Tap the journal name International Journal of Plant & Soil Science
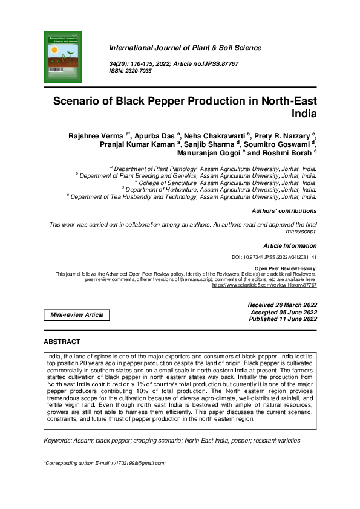(x=185, y=48)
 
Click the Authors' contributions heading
(x=284, y=211)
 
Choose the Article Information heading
(x=290, y=246)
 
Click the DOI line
(x=274, y=258)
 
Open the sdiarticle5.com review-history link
(x=264, y=284)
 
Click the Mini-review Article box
(x=77, y=314)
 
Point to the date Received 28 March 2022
(x=282, y=305)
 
